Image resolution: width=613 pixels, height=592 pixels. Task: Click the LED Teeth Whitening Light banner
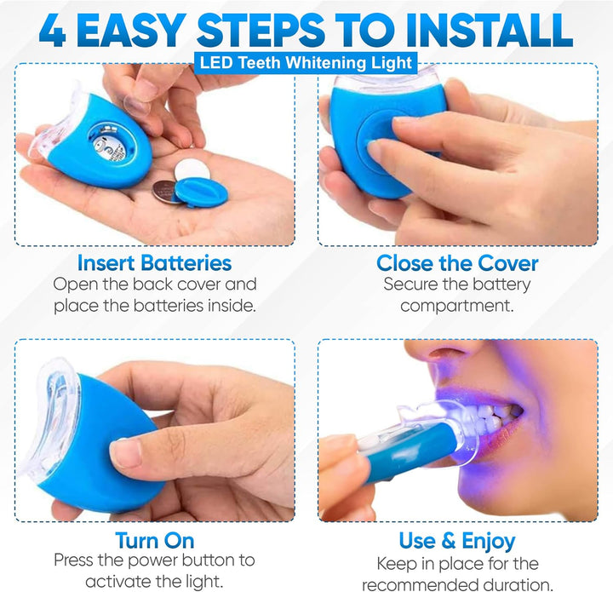point(306,61)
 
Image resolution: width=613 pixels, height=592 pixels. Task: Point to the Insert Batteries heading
point(154,263)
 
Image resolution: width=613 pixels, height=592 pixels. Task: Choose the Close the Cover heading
point(457,263)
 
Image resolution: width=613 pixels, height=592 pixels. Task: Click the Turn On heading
point(154,540)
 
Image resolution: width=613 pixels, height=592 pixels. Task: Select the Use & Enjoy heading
point(457,540)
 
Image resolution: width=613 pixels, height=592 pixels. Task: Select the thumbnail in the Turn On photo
point(126,451)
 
